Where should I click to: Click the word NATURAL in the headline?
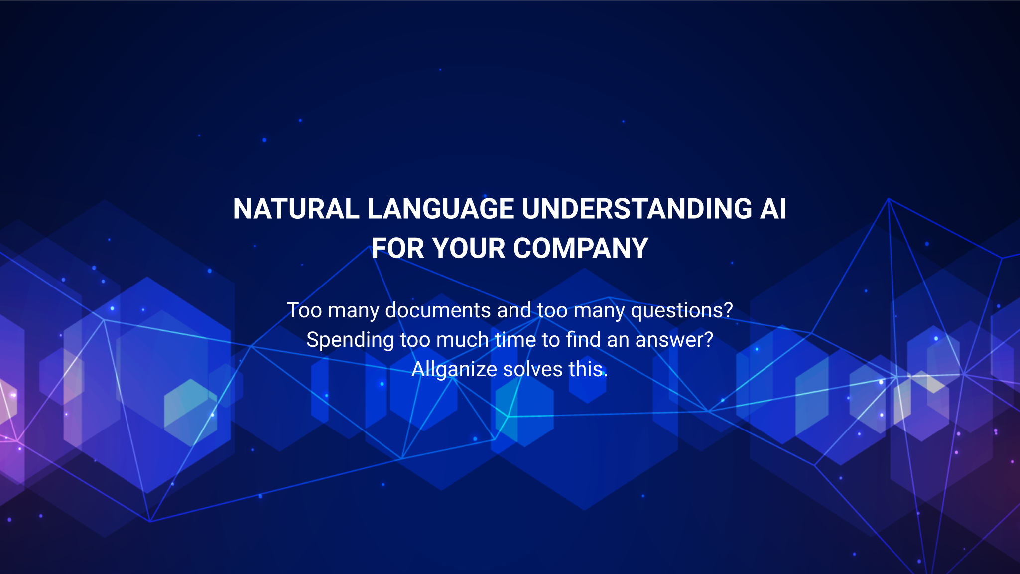(x=296, y=209)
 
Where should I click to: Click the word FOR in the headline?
(x=397, y=248)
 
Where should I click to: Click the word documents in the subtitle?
(x=438, y=310)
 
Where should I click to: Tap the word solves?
(x=533, y=369)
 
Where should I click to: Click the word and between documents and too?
(x=514, y=310)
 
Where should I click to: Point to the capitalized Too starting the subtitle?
(x=304, y=310)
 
